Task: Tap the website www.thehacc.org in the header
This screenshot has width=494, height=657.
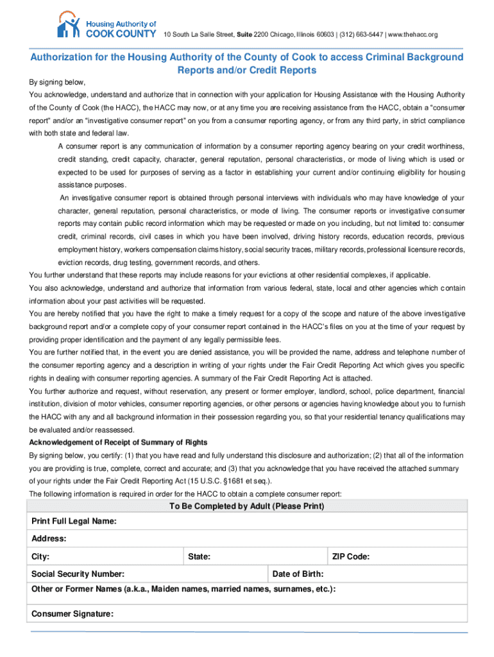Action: pos(411,34)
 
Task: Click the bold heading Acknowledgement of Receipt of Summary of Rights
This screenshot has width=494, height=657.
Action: pos(118,443)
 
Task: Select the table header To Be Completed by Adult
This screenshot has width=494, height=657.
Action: pos(246,506)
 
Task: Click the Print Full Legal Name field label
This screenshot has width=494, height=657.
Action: pos(74,522)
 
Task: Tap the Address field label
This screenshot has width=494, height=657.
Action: pos(49,539)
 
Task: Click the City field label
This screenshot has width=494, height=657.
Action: pos(40,557)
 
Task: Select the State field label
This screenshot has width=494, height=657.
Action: pos(199,557)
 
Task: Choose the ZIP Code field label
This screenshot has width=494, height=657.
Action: pos(350,557)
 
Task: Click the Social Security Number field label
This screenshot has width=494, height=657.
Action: pos(78,574)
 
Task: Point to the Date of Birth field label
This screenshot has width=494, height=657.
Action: pos(298,574)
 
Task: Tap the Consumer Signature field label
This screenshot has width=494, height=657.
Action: pos(72,614)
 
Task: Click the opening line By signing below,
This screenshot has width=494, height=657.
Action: pos(57,82)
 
